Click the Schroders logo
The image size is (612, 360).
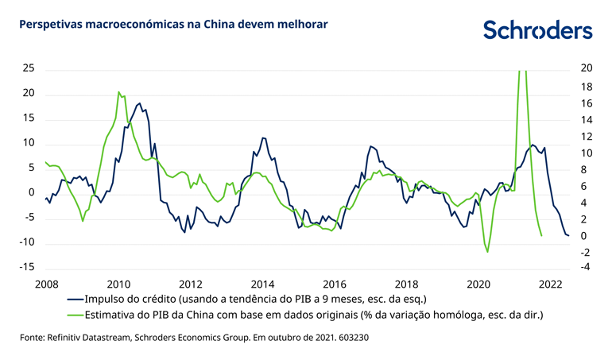[x=538, y=30]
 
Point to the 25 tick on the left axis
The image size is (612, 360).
[x=29, y=69]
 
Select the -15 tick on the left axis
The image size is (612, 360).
[x=27, y=267]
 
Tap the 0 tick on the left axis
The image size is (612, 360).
[x=32, y=193]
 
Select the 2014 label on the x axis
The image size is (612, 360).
[x=262, y=284]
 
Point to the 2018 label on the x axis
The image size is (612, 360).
[x=406, y=284]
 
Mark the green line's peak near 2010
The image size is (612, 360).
[x=118, y=92]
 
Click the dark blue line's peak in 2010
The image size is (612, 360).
[x=140, y=103]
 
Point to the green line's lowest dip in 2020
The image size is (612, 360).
[x=487, y=252]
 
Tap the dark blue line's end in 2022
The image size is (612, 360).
[x=568, y=235]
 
